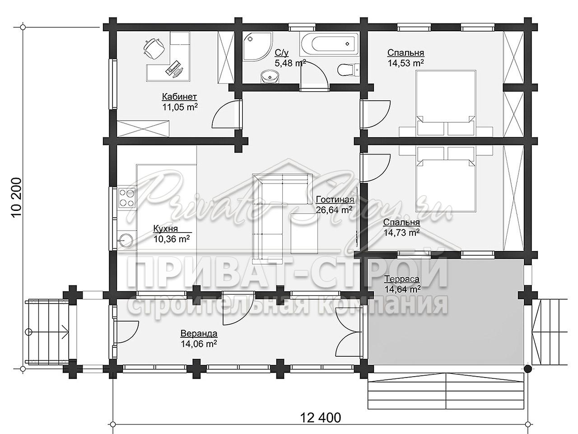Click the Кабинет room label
179,97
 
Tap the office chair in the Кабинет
154,49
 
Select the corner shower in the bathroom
257,47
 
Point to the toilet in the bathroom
348,70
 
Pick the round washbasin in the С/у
270,77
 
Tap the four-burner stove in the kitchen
127,197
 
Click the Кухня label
165,229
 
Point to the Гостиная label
335,199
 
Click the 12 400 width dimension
321,417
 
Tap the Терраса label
402,279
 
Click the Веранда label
199,334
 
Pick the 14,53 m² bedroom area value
406,63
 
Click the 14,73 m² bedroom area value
401,233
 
